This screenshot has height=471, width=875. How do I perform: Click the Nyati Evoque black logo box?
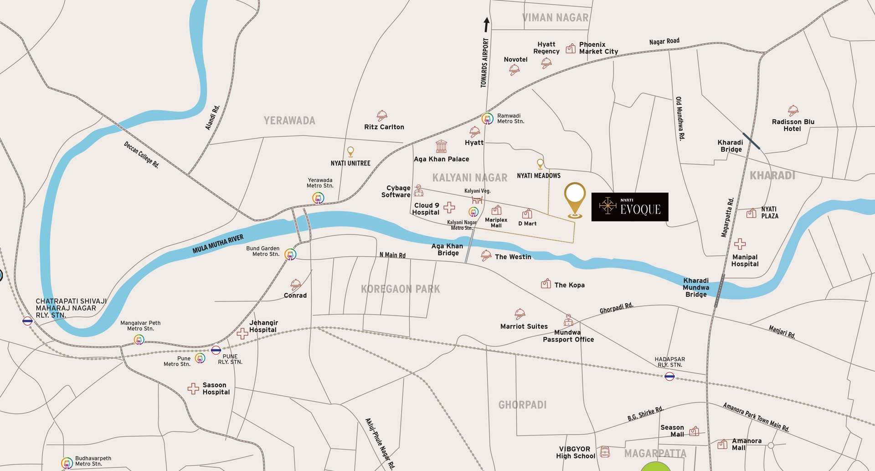[x=629, y=207]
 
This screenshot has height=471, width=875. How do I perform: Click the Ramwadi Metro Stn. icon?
[x=487, y=119]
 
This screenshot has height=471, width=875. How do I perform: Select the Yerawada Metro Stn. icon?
[x=318, y=198]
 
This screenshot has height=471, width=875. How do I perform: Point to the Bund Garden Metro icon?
[x=290, y=254]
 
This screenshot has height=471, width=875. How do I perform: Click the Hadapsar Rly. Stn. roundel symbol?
[x=669, y=376]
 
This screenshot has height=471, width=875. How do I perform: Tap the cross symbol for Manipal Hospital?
[x=740, y=244]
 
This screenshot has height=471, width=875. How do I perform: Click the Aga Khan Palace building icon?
[x=441, y=146]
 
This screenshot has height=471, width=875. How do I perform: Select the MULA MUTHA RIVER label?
[x=218, y=244]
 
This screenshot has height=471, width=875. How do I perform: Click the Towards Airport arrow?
[x=486, y=25]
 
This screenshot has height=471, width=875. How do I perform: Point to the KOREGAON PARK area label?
[x=400, y=289]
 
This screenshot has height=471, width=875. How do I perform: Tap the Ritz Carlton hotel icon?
[x=382, y=115]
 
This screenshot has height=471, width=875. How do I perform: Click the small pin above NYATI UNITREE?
[x=350, y=151]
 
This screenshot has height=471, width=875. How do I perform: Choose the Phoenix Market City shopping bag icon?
[x=571, y=48]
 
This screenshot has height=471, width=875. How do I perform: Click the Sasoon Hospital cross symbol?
[x=193, y=388]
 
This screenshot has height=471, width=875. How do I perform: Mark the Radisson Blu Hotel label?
[x=793, y=125]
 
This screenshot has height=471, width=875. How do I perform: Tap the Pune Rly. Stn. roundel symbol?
[x=216, y=350]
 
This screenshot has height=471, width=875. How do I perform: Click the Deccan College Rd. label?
[x=141, y=155]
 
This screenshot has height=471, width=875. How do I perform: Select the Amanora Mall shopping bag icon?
[x=722, y=444]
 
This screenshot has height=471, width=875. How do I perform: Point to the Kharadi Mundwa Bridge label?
[x=696, y=288]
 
